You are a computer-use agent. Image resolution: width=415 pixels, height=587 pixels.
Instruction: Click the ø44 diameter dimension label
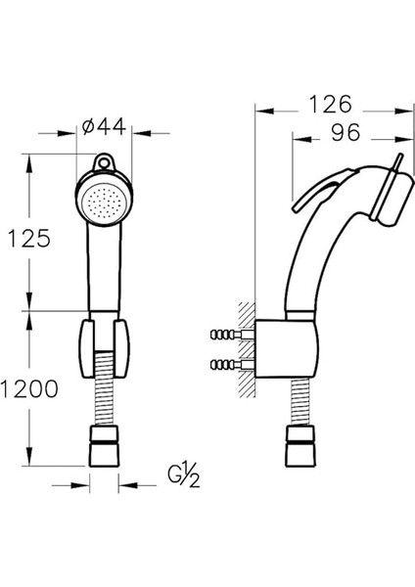tap(105, 126)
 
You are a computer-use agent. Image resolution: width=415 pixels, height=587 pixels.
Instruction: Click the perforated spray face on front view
tap(103, 203)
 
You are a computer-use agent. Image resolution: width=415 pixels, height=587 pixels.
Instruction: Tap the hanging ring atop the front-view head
tap(105, 163)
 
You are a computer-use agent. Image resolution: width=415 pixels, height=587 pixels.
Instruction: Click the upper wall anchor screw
tap(228, 336)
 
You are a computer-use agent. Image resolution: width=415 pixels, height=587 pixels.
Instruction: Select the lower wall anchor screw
tap(228, 367)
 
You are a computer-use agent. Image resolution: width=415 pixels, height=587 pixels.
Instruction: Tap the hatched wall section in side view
tap(246, 352)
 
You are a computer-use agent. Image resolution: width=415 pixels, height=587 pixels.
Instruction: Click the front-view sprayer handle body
tap(104, 269)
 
